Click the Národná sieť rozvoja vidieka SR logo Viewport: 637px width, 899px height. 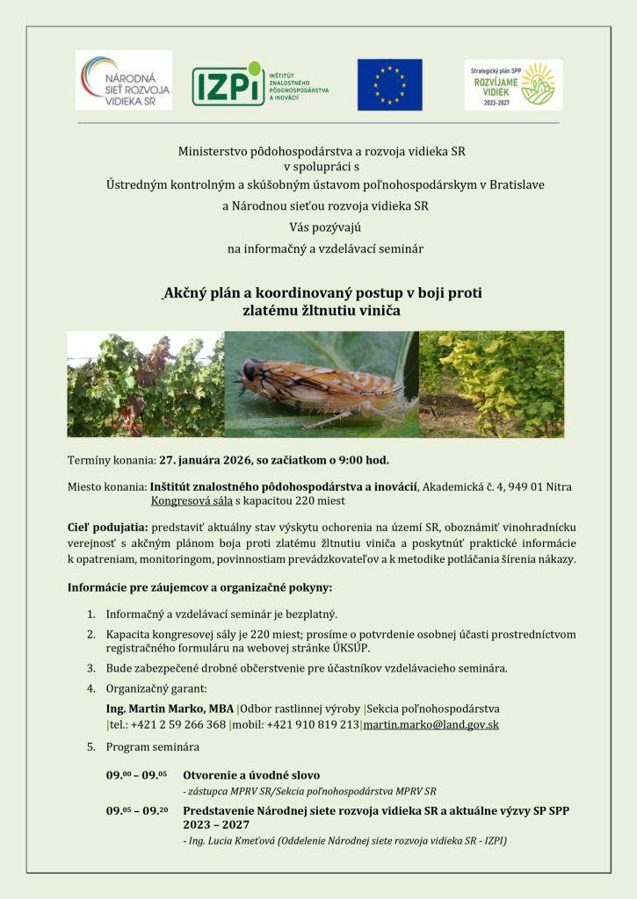[x=124, y=80]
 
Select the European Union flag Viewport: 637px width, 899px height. [x=389, y=84]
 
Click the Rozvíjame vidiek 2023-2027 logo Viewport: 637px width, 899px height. [x=513, y=84]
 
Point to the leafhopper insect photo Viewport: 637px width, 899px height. [x=321, y=384]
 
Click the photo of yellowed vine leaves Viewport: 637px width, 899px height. [x=491, y=384]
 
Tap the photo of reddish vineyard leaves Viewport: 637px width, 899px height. [x=146, y=384]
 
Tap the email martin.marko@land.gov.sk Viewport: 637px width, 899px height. [x=431, y=725]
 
